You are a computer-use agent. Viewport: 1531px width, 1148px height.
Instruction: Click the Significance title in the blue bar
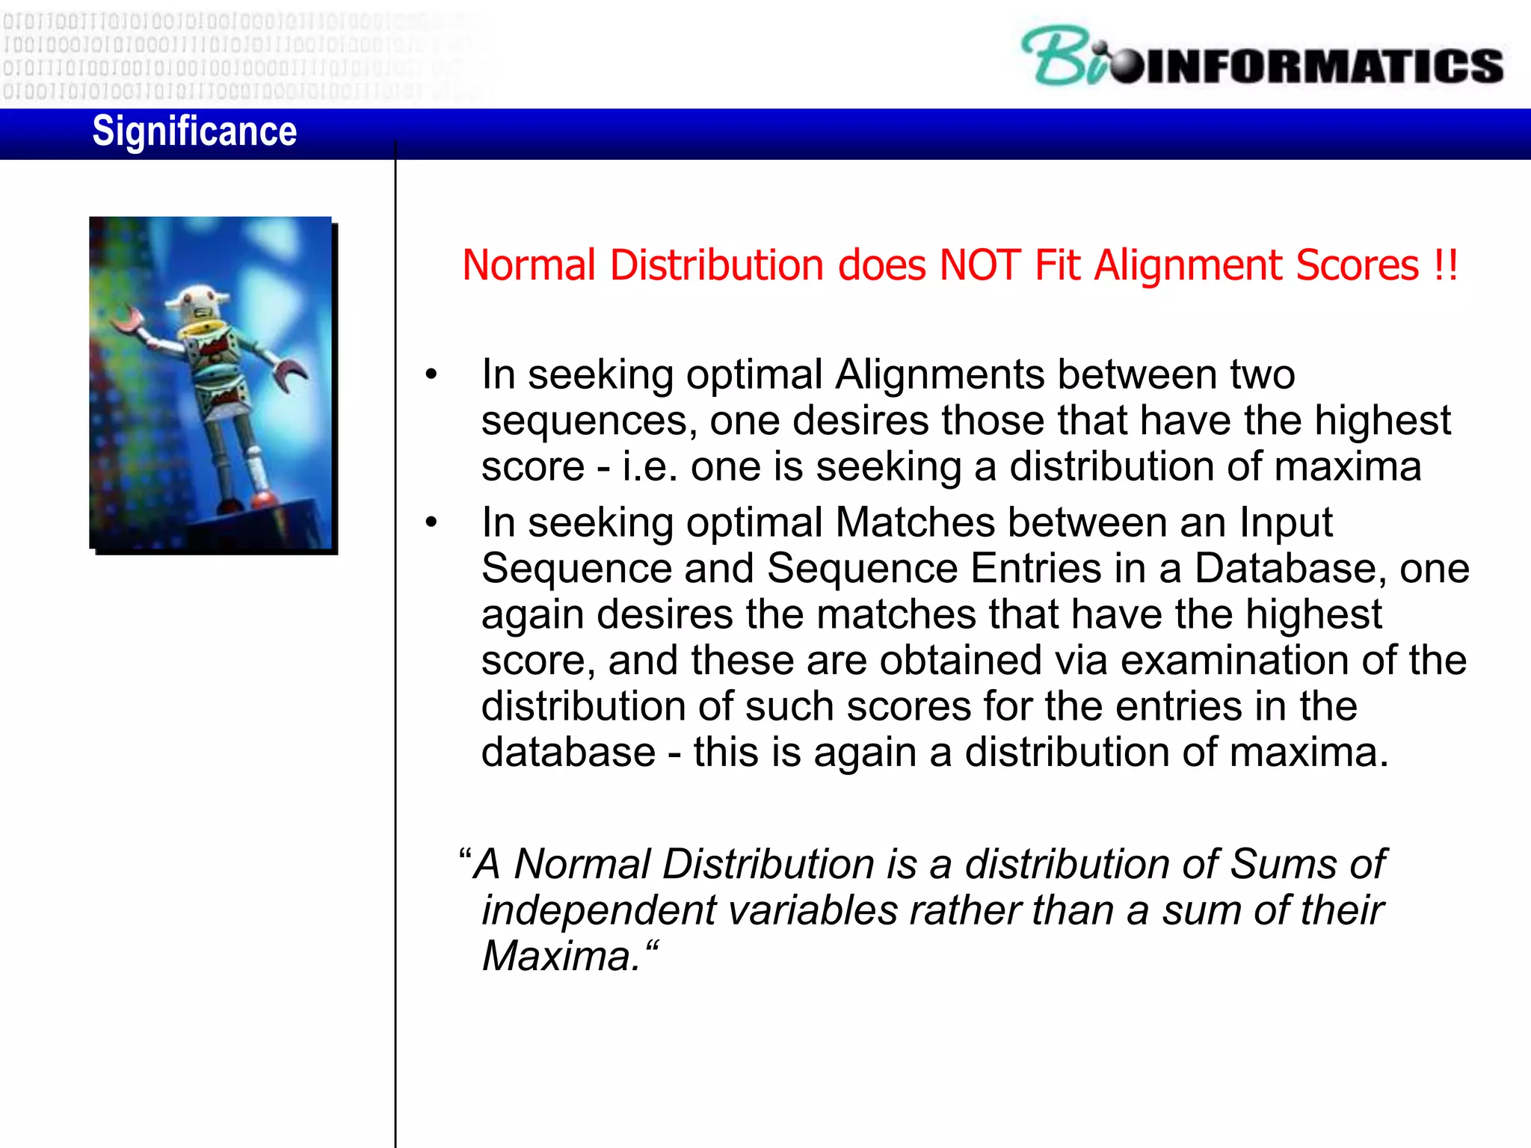point(194,132)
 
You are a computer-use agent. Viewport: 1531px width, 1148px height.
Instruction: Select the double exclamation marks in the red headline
point(1446,265)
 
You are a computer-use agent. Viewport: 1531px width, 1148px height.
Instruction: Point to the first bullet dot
point(431,375)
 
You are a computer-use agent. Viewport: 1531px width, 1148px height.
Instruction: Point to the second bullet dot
point(431,523)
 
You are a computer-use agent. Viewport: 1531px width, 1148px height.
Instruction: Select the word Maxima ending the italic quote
point(561,957)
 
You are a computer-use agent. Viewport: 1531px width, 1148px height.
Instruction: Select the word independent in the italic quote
point(598,911)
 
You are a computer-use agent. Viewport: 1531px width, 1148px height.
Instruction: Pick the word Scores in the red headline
point(1357,265)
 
